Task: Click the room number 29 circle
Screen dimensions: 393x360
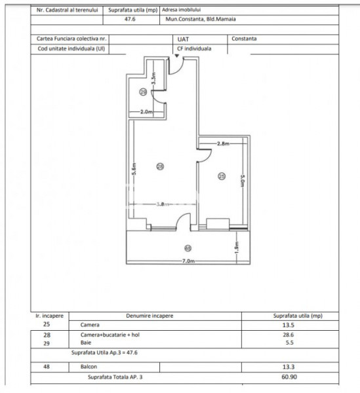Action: click(x=143, y=93)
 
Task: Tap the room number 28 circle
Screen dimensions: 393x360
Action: click(x=159, y=166)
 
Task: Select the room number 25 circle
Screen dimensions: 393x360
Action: click(x=222, y=176)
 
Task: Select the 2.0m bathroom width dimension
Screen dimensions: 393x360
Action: click(x=146, y=112)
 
